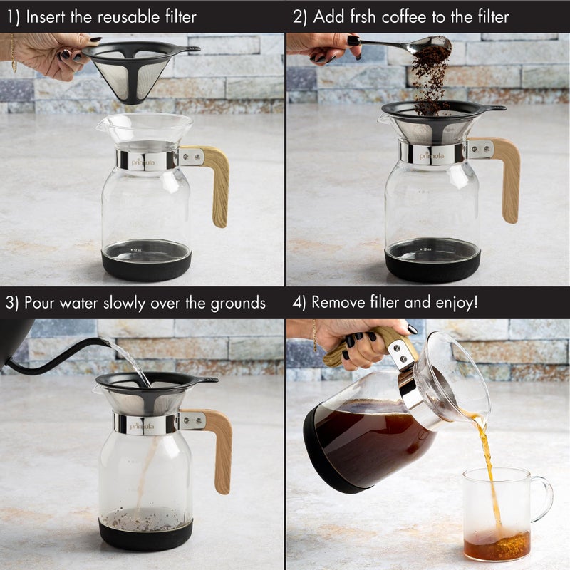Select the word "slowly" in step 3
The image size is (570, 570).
tap(128, 302)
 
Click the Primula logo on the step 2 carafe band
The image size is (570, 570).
tap(432, 155)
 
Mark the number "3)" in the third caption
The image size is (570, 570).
tap(11, 302)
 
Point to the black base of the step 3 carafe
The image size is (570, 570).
tap(145, 535)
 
